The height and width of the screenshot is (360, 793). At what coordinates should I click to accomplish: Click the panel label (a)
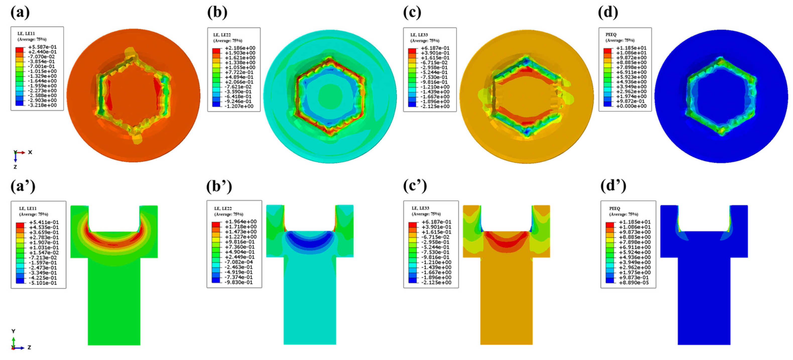point(20,12)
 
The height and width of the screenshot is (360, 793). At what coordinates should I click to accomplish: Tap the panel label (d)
point(608,12)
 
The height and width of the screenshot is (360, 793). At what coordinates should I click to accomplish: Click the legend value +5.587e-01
point(42,47)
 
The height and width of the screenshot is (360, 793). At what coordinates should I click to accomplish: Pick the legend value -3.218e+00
point(42,105)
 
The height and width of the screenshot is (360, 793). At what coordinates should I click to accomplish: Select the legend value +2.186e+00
point(240,48)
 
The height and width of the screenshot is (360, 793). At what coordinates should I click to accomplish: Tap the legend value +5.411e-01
point(44,222)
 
